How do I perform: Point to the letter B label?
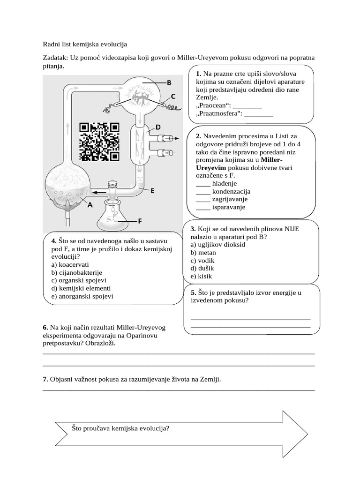click(169, 83)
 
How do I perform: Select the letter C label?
click(173, 97)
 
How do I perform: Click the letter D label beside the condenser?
click(158, 127)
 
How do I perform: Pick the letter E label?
click(152, 191)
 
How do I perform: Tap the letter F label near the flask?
click(140, 221)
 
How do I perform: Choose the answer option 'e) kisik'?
click(202, 277)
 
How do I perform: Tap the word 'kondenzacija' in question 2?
click(231, 191)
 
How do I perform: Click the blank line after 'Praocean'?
click(247, 105)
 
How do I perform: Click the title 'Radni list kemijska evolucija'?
click(85, 44)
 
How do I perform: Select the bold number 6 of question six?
click(45, 327)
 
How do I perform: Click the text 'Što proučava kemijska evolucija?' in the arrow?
click(120, 428)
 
